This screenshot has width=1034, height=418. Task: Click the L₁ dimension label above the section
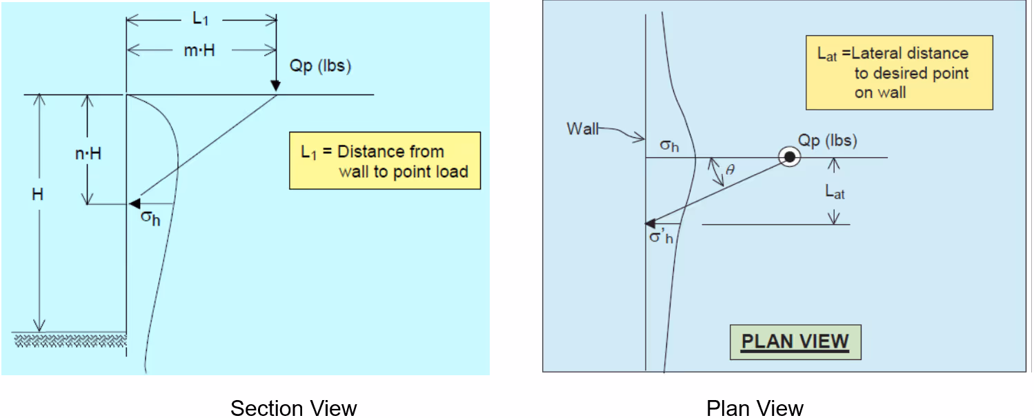[x=200, y=19]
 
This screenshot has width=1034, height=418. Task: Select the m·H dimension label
[x=200, y=50]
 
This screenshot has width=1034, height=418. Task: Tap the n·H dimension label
[x=88, y=153]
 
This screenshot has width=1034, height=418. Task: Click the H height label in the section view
[x=38, y=195]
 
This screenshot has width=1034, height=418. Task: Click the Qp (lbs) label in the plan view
[x=827, y=140]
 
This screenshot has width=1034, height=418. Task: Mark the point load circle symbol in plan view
[x=790, y=157]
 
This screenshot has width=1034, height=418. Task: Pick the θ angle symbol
[x=730, y=170]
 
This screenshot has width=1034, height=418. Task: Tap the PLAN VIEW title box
[x=795, y=341]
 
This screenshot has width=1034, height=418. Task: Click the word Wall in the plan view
[x=583, y=128]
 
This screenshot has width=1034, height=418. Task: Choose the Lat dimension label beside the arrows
[x=835, y=192]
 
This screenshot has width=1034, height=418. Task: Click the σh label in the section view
[x=150, y=219]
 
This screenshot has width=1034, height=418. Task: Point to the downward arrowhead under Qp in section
[x=276, y=86]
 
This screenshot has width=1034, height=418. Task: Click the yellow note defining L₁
[x=384, y=161]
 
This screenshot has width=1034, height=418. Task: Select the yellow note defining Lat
[x=899, y=72]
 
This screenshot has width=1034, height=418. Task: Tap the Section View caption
[x=293, y=408]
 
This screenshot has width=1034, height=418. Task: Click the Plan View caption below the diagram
[x=755, y=408]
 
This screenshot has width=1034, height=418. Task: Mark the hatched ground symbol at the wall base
[x=69, y=339]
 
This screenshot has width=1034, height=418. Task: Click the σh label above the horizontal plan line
[x=669, y=146]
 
